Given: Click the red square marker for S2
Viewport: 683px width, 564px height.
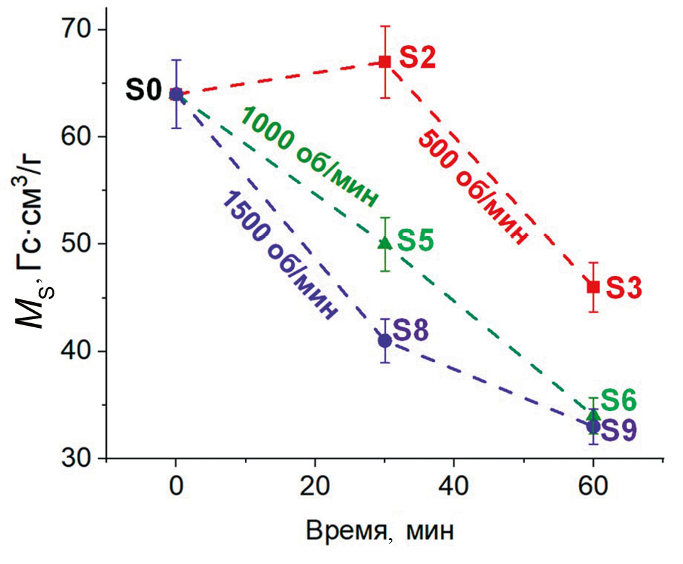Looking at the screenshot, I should (384, 61).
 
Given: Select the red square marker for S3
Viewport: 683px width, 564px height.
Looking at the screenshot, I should (593, 287).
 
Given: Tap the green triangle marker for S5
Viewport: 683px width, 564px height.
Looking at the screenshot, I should (384, 242).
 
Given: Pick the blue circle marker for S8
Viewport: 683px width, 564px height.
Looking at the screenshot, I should (384, 340).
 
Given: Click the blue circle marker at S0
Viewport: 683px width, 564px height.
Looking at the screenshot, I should (176, 94).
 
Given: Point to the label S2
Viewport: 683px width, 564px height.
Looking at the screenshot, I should (416, 59).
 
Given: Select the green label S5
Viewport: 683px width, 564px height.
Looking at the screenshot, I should (415, 241).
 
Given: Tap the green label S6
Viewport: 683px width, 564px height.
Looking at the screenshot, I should (618, 401).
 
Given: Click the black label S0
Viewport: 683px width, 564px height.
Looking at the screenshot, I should (143, 90).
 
